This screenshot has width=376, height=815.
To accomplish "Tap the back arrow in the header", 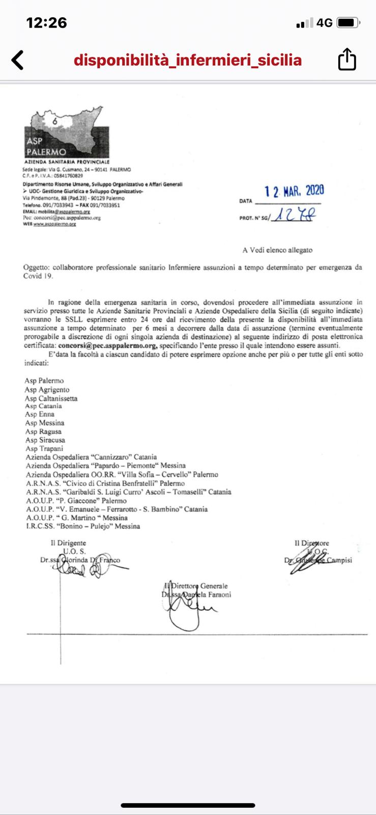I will coord(18,60).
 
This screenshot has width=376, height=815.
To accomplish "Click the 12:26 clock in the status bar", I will coord(46,22).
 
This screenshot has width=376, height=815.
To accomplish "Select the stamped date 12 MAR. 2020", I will coord(294,191).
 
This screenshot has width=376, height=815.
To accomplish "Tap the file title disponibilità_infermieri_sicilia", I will coord(188,61).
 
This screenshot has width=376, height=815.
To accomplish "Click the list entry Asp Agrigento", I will coord(47,390).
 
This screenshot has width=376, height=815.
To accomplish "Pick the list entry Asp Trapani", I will coord(44,449).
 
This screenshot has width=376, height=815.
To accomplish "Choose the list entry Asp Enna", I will coord(40,415).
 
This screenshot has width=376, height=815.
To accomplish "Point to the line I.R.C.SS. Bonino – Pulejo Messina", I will coord(82,526).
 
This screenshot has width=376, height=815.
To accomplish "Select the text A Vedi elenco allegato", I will coord(277,250).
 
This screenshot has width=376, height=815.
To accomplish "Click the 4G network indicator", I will coord(324,23).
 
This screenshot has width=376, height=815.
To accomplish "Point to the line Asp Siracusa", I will coord(45,440).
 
